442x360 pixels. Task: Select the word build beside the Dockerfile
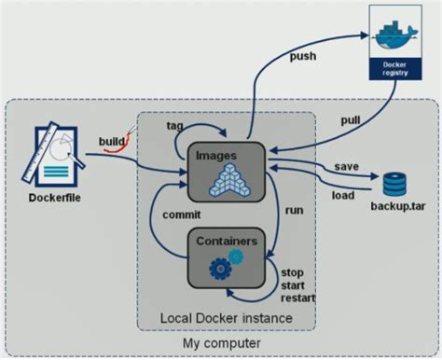point(111,141)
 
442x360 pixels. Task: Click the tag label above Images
point(174,125)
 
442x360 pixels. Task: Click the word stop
point(293,271)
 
